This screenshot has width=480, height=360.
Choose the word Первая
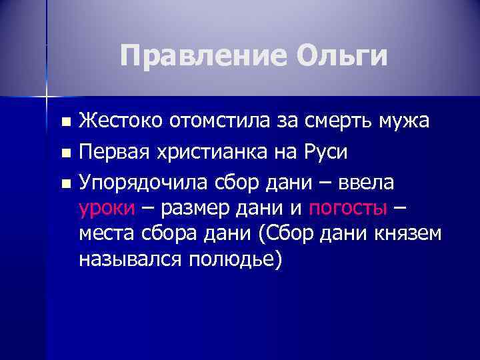pyautogui.click(x=113, y=153)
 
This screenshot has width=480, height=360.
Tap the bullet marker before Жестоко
pyautogui.click(x=65, y=123)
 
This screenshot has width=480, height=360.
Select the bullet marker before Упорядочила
pyautogui.click(x=65, y=183)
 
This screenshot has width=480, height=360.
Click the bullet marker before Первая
pyautogui.click(x=65, y=153)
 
